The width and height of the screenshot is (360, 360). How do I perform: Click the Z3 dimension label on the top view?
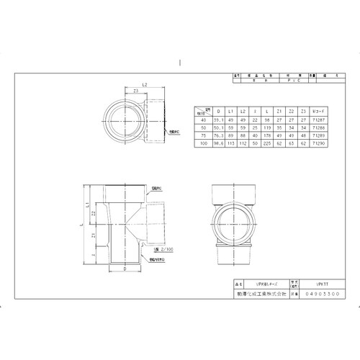click(137, 91)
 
